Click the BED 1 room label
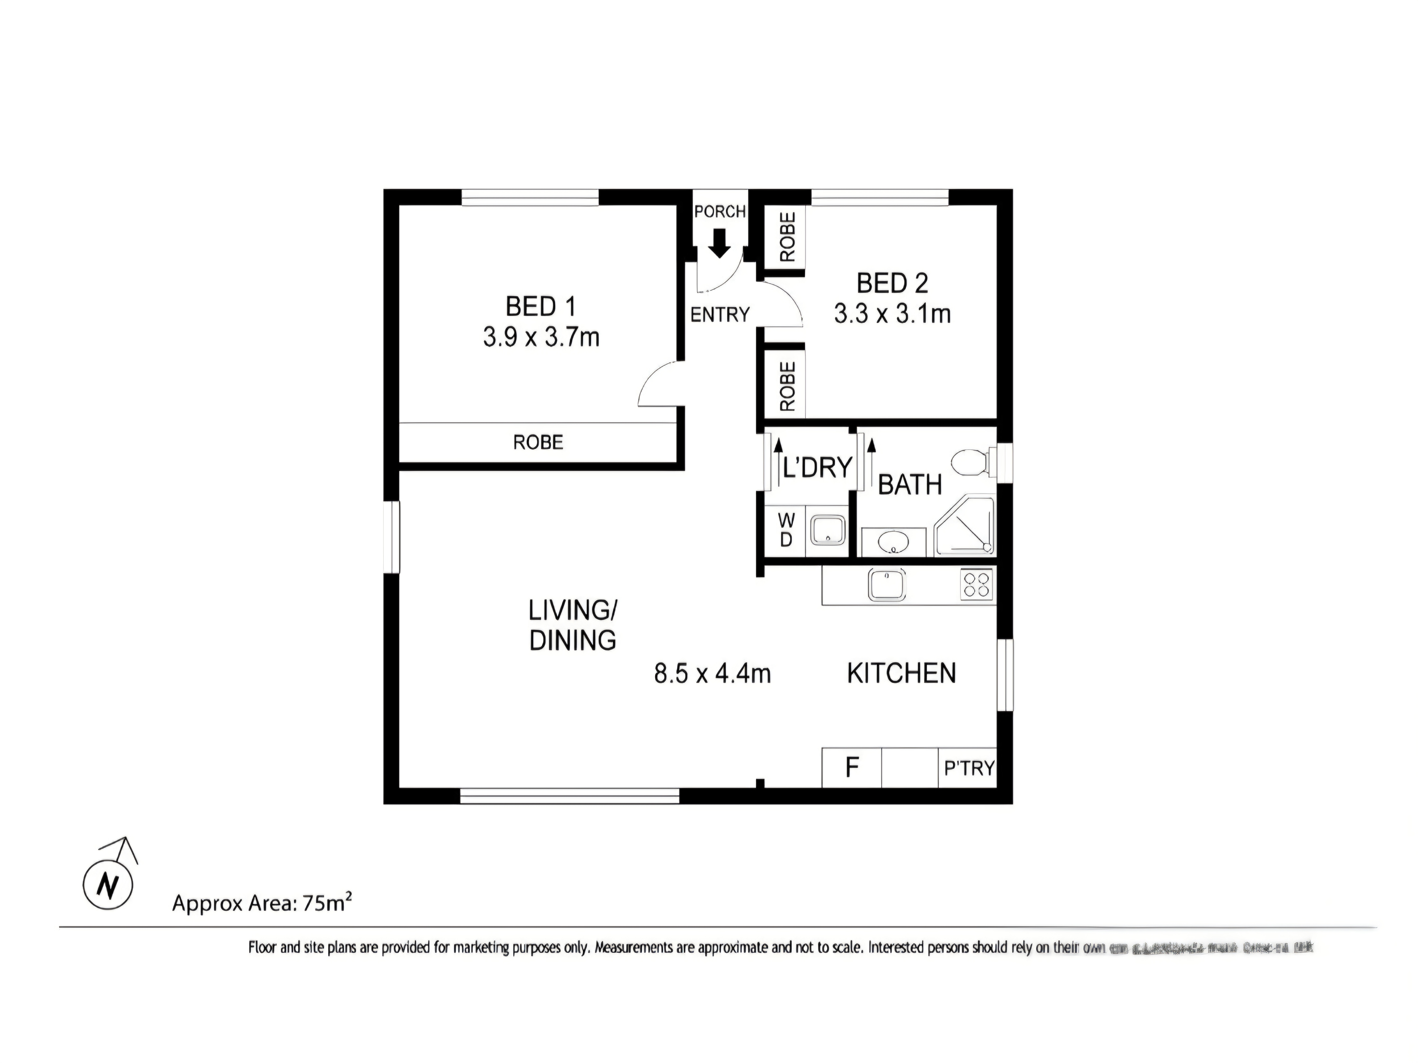tap(540, 307)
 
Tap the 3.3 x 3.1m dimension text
tap(892, 314)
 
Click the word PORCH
tap(720, 211)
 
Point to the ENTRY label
tap(719, 315)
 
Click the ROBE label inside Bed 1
tap(538, 442)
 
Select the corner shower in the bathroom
tap(965, 525)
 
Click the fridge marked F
tap(851, 767)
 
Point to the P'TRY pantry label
tap(969, 768)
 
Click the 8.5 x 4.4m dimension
tap(712, 674)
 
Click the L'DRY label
tap(817, 468)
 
